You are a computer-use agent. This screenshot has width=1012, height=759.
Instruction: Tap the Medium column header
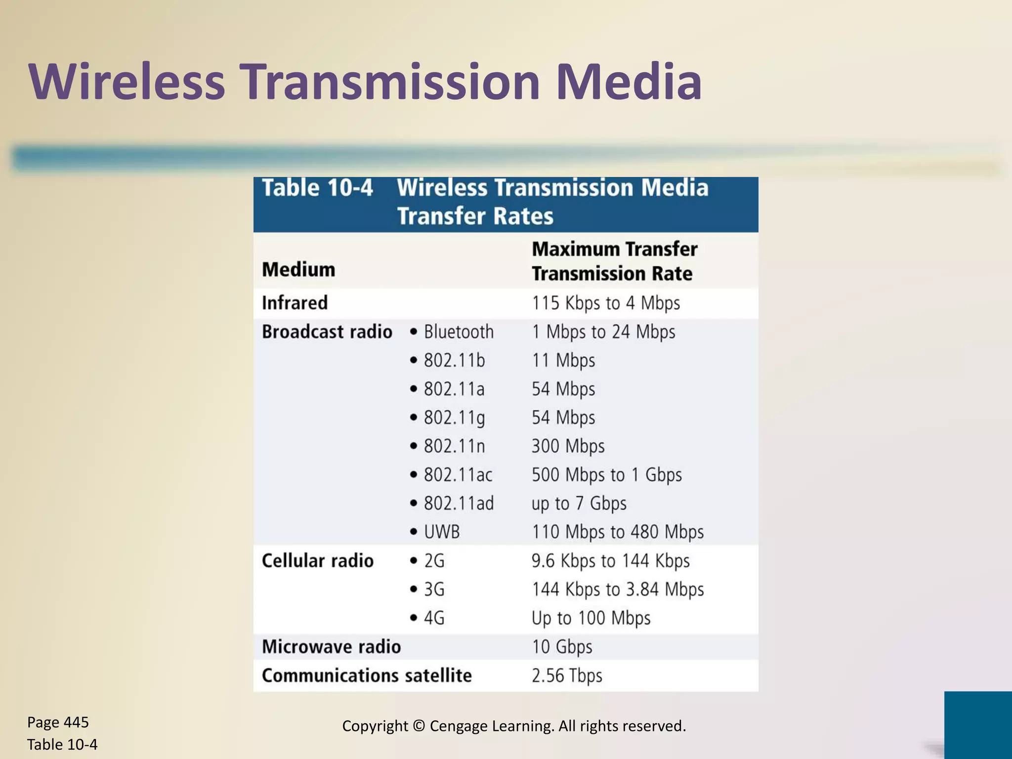click(x=298, y=270)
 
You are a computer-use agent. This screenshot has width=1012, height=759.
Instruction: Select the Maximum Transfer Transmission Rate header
click(x=614, y=261)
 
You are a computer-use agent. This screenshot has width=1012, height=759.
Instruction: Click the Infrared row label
click(x=295, y=303)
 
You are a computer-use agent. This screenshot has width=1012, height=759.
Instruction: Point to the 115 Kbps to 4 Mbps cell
click(x=606, y=303)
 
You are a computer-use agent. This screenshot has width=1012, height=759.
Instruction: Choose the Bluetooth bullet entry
click(x=458, y=332)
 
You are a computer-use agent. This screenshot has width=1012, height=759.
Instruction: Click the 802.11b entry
click(x=454, y=360)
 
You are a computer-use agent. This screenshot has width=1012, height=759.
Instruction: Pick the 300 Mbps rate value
click(x=568, y=446)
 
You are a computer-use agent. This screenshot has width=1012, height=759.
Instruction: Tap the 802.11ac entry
click(x=458, y=475)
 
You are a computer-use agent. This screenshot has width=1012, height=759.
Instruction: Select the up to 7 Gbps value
click(x=579, y=504)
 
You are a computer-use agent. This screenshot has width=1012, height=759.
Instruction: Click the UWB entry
click(x=441, y=532)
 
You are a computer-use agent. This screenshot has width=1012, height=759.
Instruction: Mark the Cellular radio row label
click(x=317, y=561)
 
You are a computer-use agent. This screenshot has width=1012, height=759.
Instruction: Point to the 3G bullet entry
click(x=434, y=590)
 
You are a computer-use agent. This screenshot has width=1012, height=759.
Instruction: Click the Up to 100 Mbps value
click(x=590, y=618)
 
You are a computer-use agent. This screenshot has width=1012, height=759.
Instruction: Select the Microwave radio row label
click(x=331, y=647)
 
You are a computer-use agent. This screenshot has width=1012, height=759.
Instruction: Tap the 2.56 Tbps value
click(x=567, y=675)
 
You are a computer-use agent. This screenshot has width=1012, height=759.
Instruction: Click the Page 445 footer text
click(x=58, y=722)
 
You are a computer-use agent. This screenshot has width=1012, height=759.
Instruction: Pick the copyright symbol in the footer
click(x=419, y=726)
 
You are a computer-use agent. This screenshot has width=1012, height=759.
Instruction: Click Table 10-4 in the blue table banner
click(x=317, y=188)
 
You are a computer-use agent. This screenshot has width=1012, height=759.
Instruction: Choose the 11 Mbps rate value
click(x=563, y=360)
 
